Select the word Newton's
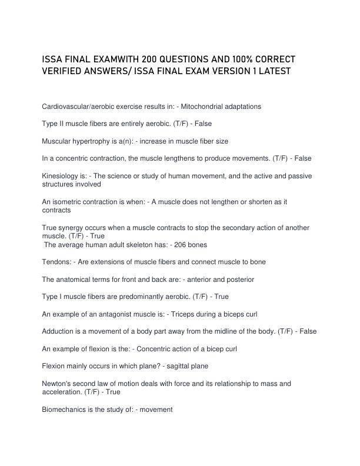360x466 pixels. tap(59, 384)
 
